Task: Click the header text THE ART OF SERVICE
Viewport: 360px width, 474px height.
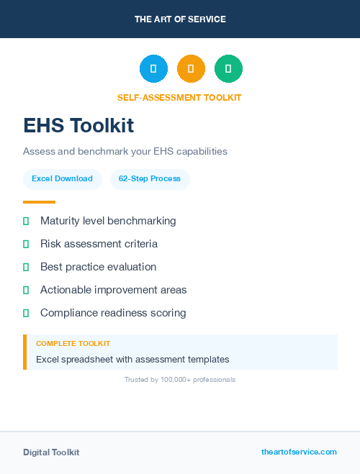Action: click(x=180, y=19)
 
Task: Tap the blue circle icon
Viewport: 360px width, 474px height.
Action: click(x=153, y=69)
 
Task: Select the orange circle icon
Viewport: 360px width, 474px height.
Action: click(x=191, y=69)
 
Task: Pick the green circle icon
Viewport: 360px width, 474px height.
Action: click(x=228, y=69)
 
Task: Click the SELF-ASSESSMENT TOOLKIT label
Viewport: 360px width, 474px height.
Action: click(x=179, y=98)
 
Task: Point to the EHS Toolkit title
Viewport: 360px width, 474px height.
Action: click(x=78, y=125)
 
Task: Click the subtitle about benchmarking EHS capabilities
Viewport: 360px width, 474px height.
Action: click(x=125, y=152)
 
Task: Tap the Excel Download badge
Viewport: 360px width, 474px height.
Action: click(x=62, y=178)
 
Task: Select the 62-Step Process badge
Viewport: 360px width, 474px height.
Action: click(x=150, y=178)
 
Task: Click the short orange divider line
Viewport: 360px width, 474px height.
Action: click(x=39, y=202)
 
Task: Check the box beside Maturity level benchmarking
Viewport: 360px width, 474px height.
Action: click(x=26, y=221)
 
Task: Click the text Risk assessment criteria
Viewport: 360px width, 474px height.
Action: click(x=99, y=244)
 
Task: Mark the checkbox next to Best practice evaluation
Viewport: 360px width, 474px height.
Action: click(x=26, y=267)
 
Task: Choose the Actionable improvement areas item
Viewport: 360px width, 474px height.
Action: click(x=113, y=290)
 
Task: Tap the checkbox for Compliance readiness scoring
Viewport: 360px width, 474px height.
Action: click(x=26, y=313)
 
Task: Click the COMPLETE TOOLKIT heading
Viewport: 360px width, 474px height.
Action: click(x=73, y=344)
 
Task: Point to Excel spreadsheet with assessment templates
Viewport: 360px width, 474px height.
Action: click(x=132, y=359)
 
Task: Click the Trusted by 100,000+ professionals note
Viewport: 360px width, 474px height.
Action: click(x=180, y=379)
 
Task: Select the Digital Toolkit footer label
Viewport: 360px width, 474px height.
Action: click(x=51, y=452)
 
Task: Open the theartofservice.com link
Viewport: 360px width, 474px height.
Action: click(x=299, y=452)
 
